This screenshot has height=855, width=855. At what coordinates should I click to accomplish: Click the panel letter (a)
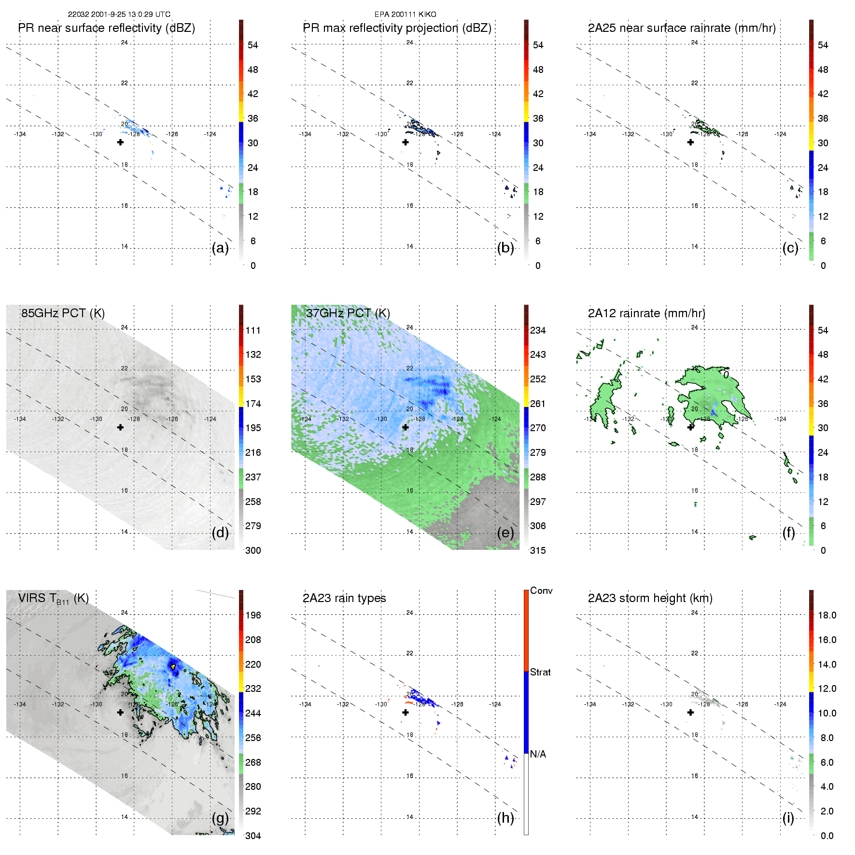(x=220, y=248)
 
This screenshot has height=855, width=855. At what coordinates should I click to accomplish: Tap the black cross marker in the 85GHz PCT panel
(x=120, y=427)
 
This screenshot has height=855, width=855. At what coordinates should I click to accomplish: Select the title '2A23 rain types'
(x=344, y=598)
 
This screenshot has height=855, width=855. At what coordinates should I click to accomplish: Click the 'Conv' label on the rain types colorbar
(x=541, y=591)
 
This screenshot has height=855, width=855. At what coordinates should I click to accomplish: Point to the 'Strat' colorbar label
(x=540, y=672)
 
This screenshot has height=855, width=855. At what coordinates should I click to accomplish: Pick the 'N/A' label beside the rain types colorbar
(x=538, y=754)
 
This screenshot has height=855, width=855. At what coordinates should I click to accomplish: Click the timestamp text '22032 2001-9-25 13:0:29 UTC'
(x=119, y=14)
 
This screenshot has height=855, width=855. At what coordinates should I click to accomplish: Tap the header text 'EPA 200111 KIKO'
(x=405, y=14)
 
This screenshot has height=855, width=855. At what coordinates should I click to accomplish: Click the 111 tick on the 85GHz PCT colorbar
(x=253, y=330)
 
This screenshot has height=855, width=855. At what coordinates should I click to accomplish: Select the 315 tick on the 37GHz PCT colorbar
(x=538, y=550)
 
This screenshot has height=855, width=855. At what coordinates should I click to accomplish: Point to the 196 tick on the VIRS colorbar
(x=253, y=615)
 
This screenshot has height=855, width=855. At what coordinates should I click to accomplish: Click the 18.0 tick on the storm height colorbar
(x=827, y=615)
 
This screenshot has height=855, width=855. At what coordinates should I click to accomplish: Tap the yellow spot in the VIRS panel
(x=173, y=666)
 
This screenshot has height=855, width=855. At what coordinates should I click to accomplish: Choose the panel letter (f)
(x=788, y=533)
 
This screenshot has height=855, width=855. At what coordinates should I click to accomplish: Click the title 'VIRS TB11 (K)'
(x=54, y=599)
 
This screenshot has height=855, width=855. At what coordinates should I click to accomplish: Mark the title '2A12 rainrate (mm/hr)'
(x=646, y=313)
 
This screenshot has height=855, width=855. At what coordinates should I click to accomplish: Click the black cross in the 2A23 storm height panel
(x=690, y=713)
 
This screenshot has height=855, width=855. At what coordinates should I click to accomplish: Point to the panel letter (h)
(x=505, y=818)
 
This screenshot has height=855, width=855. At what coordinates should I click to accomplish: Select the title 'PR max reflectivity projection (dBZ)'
(x=397, y=28)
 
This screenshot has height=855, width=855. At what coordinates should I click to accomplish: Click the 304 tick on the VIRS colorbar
(x=253, y=836)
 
